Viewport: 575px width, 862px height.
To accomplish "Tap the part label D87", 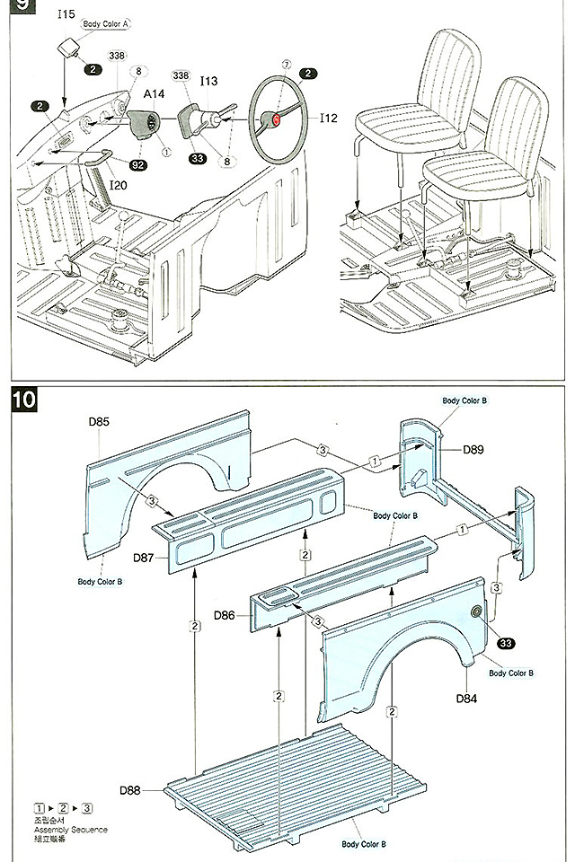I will [x=144, y=558].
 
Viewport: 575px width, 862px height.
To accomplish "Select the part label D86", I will [x=226, y=615].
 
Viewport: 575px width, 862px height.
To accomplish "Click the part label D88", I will [x=130, y=791].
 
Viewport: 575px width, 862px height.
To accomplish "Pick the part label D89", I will [x=473, y=449].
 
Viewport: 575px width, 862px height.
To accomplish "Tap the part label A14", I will [x=155, y=94].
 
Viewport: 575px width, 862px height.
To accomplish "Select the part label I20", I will [x=118, y=185].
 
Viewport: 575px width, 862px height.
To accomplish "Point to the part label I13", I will [x=208, y=81].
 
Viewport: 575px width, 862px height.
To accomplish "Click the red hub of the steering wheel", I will [x=276, y=119].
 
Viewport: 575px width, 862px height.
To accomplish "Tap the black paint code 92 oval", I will [x=138, y=165].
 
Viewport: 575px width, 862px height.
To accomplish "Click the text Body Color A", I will [x=107, y=24].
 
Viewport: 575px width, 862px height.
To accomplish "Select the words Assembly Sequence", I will [x=68, y=830].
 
